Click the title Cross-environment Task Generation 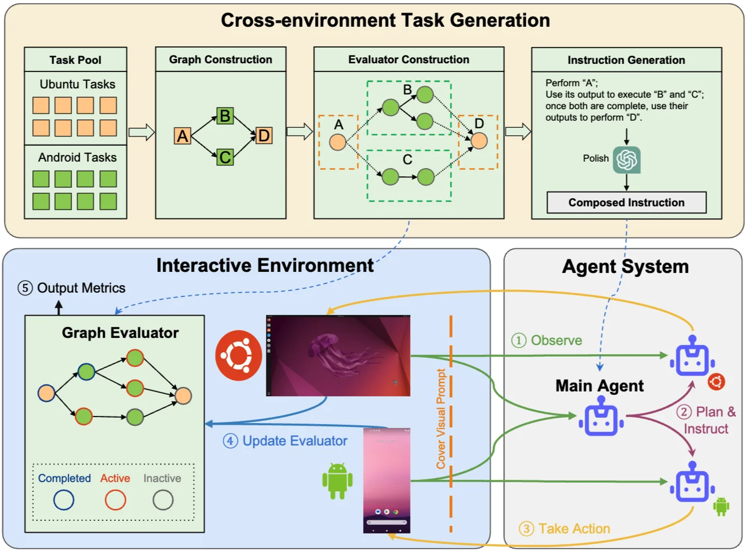(x=385, y=20)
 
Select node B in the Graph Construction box (x=224, y=116)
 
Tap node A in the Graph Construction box (x=182, y=135)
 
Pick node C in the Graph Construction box (x=224, y=157)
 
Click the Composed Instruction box (x=626, y=203)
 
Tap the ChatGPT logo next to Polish (x=626, y=159)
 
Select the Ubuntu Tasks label (x=77, y=84)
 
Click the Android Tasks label (x=77, y=157)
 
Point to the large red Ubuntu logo (x=239, y=355)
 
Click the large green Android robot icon (x=337, y=480)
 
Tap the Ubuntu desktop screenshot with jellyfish (x=338, y=355)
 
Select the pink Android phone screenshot (x=387, y=480)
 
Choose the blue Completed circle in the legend (x=64, y=500)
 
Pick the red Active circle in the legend (x=115, y=500)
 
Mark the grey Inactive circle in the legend (x=163, y=500)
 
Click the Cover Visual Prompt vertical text (x=441, y=419)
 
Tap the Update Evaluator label (x=294, y=441)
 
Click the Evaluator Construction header (x=408, y=60)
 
